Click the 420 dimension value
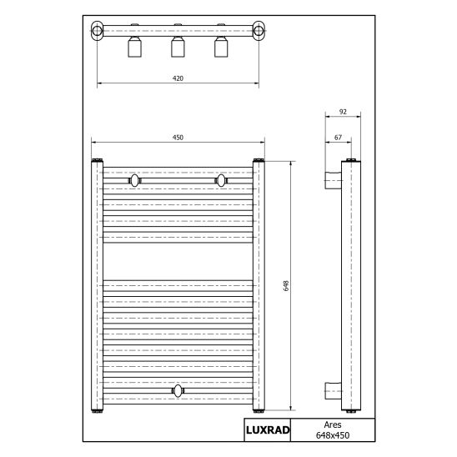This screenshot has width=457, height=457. [178, 78]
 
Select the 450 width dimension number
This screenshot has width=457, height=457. [177, 137]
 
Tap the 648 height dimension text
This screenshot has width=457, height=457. [285, 285]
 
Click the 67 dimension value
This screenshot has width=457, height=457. [336, 136]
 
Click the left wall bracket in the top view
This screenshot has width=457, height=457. [134, 47]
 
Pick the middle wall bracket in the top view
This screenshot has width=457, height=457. [178, 47]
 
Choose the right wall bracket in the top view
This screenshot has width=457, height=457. [221, 47]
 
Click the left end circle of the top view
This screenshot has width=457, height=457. [98, 33]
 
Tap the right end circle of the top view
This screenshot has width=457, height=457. [259, 33]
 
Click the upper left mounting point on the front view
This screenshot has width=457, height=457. [134, 179]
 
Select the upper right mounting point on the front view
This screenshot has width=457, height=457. [221, 179]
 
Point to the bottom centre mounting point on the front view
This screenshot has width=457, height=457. [178, 389]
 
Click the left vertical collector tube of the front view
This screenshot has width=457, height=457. [96, 285]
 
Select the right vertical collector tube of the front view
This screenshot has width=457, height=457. [259, 285]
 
